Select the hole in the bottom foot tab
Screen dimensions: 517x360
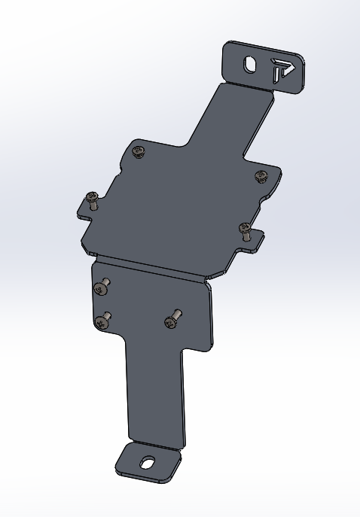[x=148, y=464]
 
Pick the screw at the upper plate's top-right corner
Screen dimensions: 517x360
[x=261, y=176]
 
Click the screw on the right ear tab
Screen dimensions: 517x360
[x=245, y=229]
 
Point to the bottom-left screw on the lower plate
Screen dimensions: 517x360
[x=102, y=321]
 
